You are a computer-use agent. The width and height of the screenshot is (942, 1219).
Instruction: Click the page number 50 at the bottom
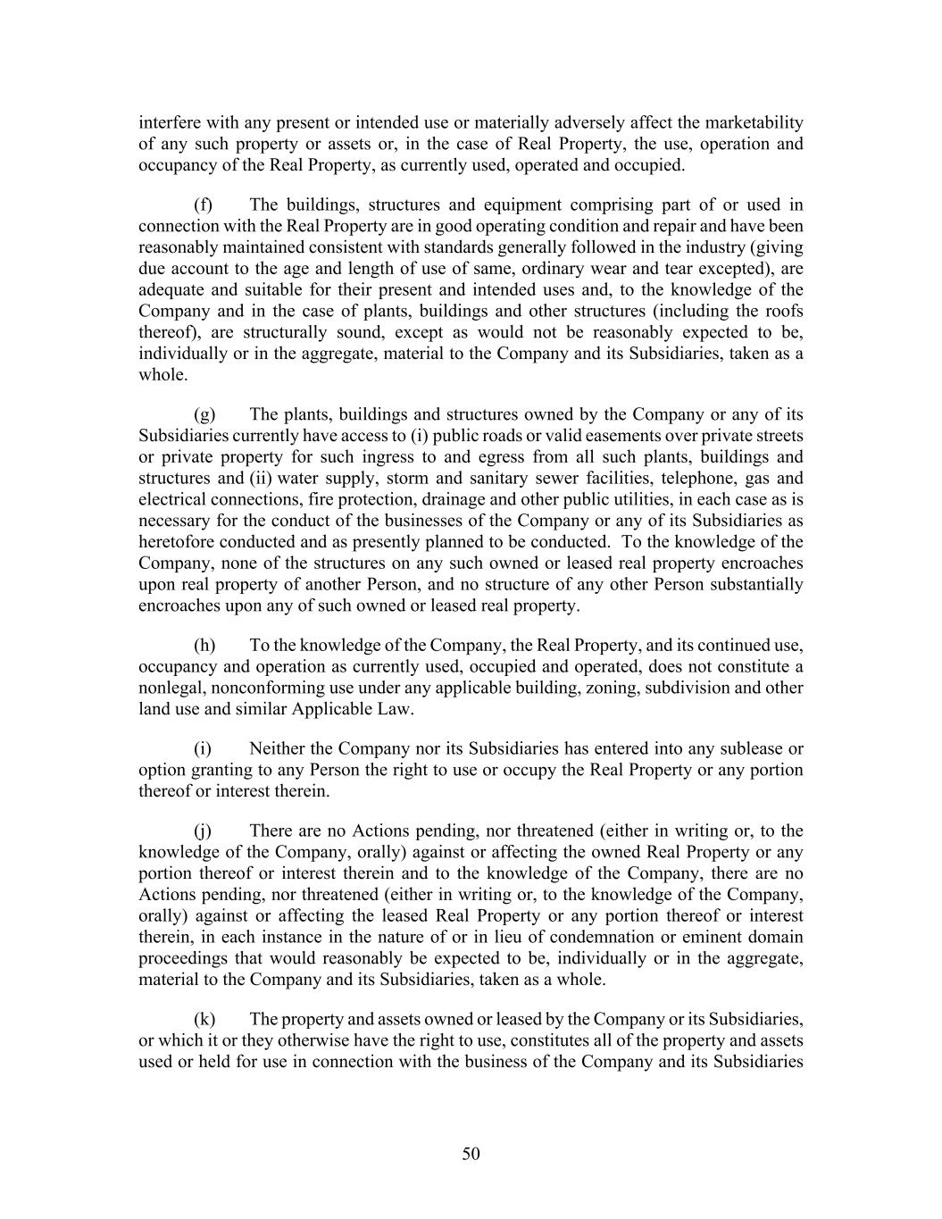point(471,1154)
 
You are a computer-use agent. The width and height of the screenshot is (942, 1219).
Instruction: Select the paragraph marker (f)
point(204,205)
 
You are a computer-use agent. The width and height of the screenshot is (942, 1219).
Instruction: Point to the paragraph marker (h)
point(204,646)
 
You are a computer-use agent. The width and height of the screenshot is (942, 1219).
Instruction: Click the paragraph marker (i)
point(203,748)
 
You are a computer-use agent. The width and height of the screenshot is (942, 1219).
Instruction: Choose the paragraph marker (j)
point(203,831)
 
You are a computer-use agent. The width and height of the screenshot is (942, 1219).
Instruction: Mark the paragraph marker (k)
point(204,1019)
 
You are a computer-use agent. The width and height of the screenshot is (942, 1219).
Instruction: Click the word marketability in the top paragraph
point(754,122)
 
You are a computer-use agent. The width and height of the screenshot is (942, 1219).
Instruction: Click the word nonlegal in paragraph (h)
point(168,689)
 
